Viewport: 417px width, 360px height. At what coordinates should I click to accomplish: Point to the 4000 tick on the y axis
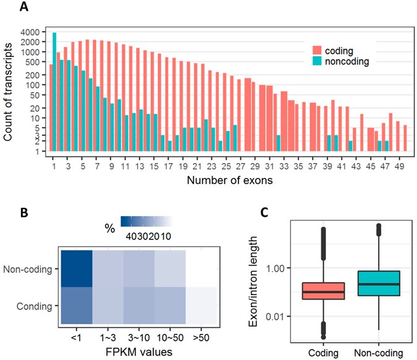(30, 32)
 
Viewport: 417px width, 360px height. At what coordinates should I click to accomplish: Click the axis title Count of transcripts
(9, 90)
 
